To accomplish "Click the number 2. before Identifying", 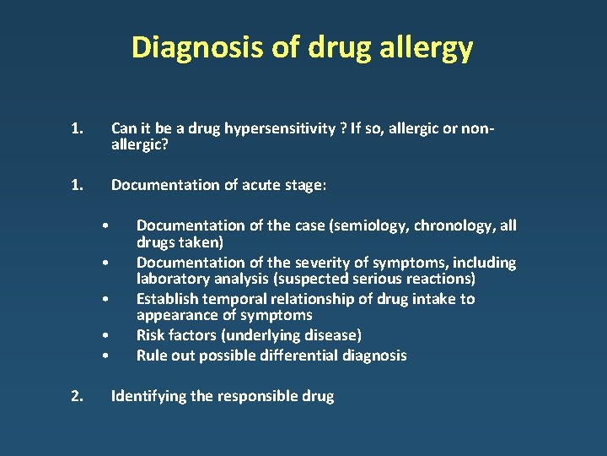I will click(x=77, y=396).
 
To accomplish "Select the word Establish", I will click(x=167, y=299).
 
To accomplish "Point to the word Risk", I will click(x=152, y=335).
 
